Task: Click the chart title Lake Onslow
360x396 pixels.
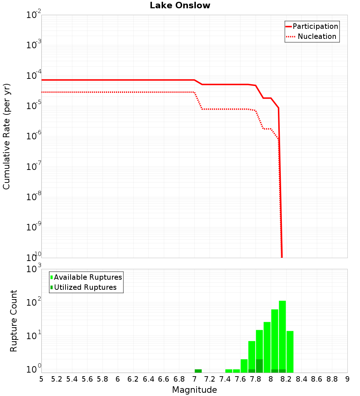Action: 180,5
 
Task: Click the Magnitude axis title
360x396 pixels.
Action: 194,390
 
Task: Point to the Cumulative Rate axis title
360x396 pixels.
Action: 6,136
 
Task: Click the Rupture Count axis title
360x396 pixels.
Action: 14,321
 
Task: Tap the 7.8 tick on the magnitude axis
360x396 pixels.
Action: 256,379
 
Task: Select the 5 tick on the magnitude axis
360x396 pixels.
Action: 41,379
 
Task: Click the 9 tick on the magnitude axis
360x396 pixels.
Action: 347,379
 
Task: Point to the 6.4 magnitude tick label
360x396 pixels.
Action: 148,379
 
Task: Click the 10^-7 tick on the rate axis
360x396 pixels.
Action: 34,167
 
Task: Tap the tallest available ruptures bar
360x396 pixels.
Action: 282,335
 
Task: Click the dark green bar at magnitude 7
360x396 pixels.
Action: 198,371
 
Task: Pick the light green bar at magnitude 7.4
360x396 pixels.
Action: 229,371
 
